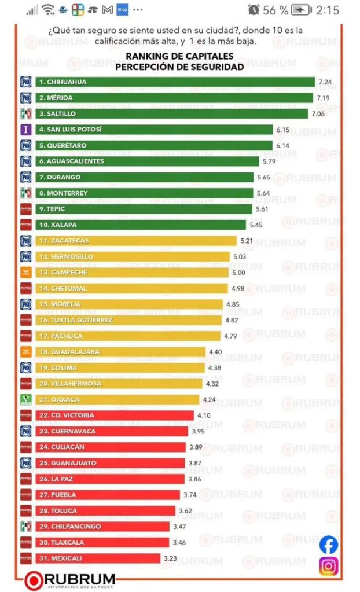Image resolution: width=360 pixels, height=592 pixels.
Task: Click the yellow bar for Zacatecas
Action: pos(136,241)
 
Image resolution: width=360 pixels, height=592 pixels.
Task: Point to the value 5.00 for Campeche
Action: pos(238,273)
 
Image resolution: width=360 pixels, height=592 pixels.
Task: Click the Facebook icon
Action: pos(328,545)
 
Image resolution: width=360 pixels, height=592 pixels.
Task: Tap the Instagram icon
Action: pos(328,566)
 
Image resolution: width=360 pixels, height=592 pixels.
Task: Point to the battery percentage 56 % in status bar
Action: pos(275,10)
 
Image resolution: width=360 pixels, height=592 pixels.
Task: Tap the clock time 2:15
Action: pos(328,10)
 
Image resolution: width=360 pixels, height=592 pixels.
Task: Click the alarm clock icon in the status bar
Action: pos(254,10)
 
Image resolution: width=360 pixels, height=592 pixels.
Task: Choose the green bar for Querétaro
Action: pos(153,146)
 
